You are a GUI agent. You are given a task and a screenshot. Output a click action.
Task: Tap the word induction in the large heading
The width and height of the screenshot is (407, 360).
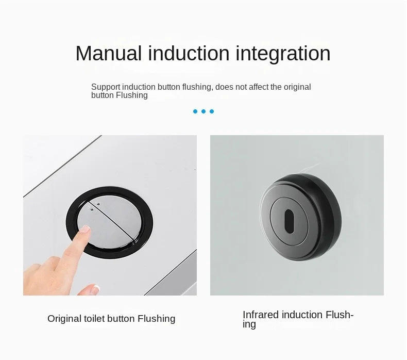click(x=188, y=54)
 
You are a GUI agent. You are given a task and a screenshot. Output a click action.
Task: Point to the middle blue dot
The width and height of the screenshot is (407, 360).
click(x=203, y=111)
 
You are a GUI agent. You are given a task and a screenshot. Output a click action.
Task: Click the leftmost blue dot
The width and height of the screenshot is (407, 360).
click(x=195, y=111)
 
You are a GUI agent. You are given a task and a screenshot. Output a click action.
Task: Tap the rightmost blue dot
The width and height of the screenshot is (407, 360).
click(x=212, y=111)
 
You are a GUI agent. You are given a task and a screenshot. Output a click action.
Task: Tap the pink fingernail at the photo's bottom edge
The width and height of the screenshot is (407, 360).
click(x=95, y=289)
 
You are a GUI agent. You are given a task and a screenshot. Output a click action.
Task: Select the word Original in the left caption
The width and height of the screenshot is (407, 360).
click(x=65, y=319)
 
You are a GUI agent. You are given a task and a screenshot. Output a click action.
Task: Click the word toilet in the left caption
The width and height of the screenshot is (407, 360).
click(x=97, y=319)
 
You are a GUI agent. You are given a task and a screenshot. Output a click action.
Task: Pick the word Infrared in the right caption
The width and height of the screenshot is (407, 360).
click(x=260, y=315)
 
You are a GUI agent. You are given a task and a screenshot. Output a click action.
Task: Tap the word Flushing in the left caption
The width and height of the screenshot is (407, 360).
click(x=156, y=319)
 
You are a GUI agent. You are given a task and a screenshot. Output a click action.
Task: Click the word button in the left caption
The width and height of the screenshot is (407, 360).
click(x=123, y=319)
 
